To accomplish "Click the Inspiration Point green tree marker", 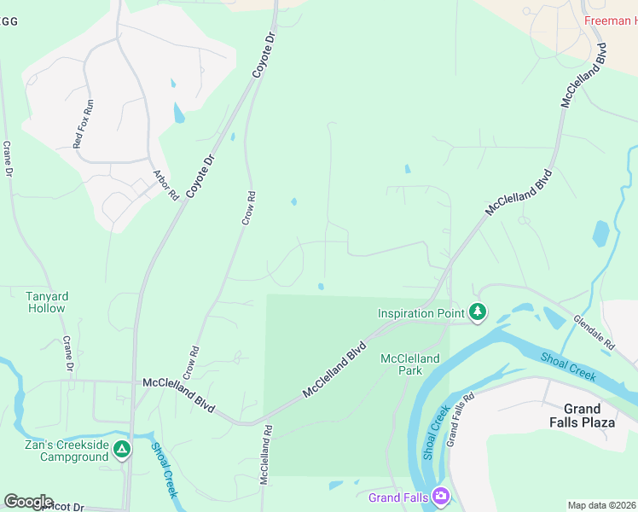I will pos(478,313).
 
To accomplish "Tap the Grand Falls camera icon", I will pos(441,496).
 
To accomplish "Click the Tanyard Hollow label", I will pos(46,302).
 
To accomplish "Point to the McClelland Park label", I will pos(409,364).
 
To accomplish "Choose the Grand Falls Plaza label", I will pos(594,416).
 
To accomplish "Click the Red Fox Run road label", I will pos(84,125).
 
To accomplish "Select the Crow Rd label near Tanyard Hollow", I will pos(191,362).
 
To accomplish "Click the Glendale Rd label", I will pos(594,334).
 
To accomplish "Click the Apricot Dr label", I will pos(60,507).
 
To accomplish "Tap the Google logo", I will pos(28,501).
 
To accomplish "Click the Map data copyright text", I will pos(601,505).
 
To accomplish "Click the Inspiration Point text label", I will pos(421,313).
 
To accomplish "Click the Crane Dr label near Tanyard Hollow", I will pos(68,354).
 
